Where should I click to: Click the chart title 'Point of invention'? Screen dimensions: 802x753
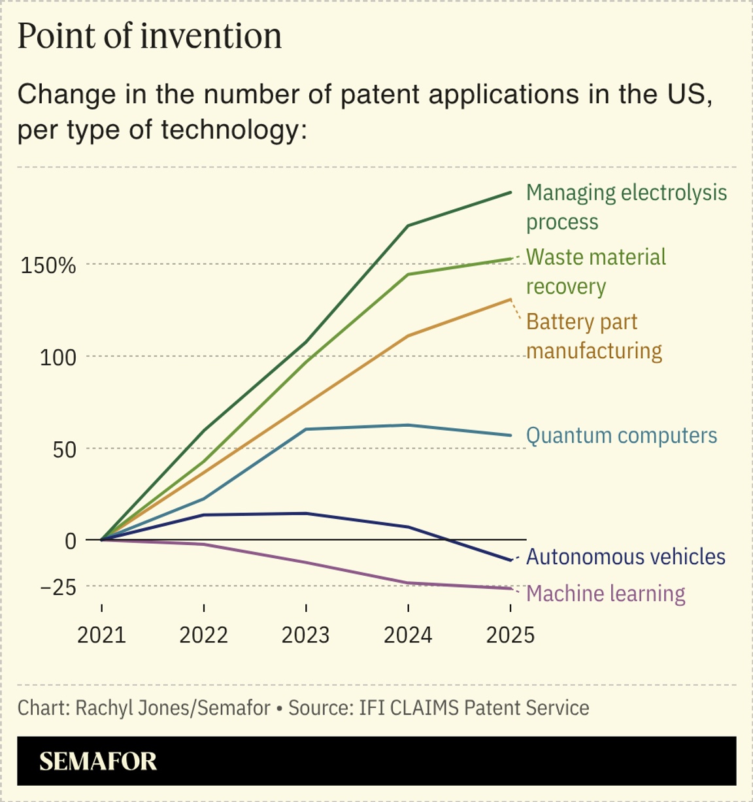pyautogui.click(x=150, y=37)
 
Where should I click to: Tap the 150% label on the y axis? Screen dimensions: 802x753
pyautogui.click(x=48, y=266)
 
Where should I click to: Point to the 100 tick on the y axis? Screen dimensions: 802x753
pyautogui.click(x=58, y=358)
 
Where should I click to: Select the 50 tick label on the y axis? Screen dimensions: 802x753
pyautogui.click(x=64, y=450)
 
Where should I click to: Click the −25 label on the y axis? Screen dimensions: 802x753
pyautogui.click(x=58, y=588)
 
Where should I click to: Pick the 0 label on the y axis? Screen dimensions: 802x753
pyautogui.click(x=71, y=541)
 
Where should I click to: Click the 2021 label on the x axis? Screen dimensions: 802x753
pyautogui.click(x=101, y=635)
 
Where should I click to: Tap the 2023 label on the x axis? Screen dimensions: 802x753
pyautogui.click(x=306, y=635)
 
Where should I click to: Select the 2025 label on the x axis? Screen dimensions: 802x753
pyautogui.click(x=510, y=635)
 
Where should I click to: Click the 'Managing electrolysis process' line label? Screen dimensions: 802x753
pyautogui.click(x=626, y=207)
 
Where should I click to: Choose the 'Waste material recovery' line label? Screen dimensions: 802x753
pyautogui.click(x=595, y=271)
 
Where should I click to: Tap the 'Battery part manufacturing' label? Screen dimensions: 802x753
pyautogui.click(x=594, y=336)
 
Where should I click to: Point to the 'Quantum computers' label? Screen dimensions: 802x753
pyautogui.click(x=621, y=435)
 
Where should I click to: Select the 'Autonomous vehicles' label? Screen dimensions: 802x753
pyautogui.click(x=626, y=557)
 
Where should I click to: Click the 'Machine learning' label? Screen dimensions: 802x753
pyautogui.click(x=605, y=593)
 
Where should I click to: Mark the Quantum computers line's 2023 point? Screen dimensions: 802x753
pyautogui.click(x=306, y=429)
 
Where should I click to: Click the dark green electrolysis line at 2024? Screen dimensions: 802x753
pyautogui.click(x=409, y=226)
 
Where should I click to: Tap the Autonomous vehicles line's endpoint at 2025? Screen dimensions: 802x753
pyautogui.click(x=510, y=560)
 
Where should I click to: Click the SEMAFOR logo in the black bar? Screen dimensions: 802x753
pyautogui.click(x=98, y=761)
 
